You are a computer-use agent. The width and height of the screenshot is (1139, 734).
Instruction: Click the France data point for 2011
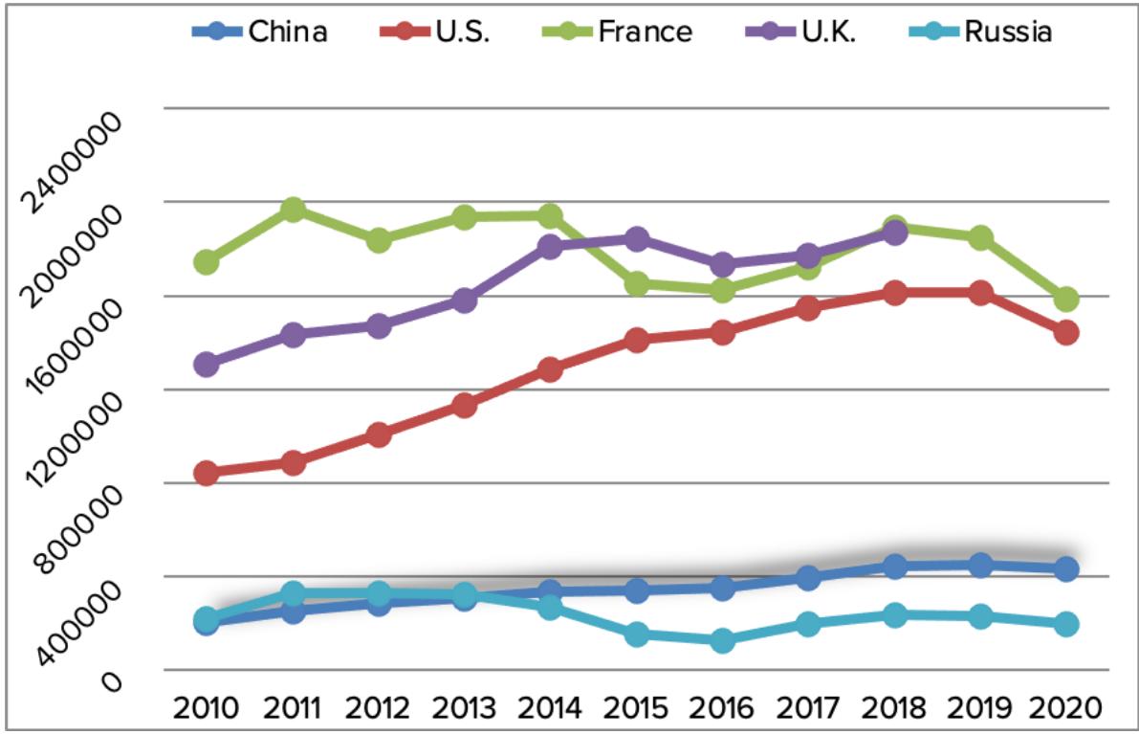click(x=293, y=210)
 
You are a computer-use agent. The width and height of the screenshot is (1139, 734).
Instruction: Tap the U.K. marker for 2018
click(x=894, y=233)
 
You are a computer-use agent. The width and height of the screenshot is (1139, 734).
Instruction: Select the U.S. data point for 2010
click(x=207, y=473)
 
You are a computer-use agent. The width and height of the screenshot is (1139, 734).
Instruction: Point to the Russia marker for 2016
click(x=722, y=640)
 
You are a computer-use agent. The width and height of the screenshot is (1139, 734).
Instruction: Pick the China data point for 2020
click(x=1066, y=569)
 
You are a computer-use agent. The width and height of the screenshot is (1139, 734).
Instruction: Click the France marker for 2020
click(x=1066, y=300)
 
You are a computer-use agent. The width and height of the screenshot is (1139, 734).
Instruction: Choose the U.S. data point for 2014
click(x=550, y=369)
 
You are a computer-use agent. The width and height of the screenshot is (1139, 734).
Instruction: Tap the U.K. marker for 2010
click(x=207, y=365)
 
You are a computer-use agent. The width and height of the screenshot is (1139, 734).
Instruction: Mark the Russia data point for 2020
click(x=1066, y=624)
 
